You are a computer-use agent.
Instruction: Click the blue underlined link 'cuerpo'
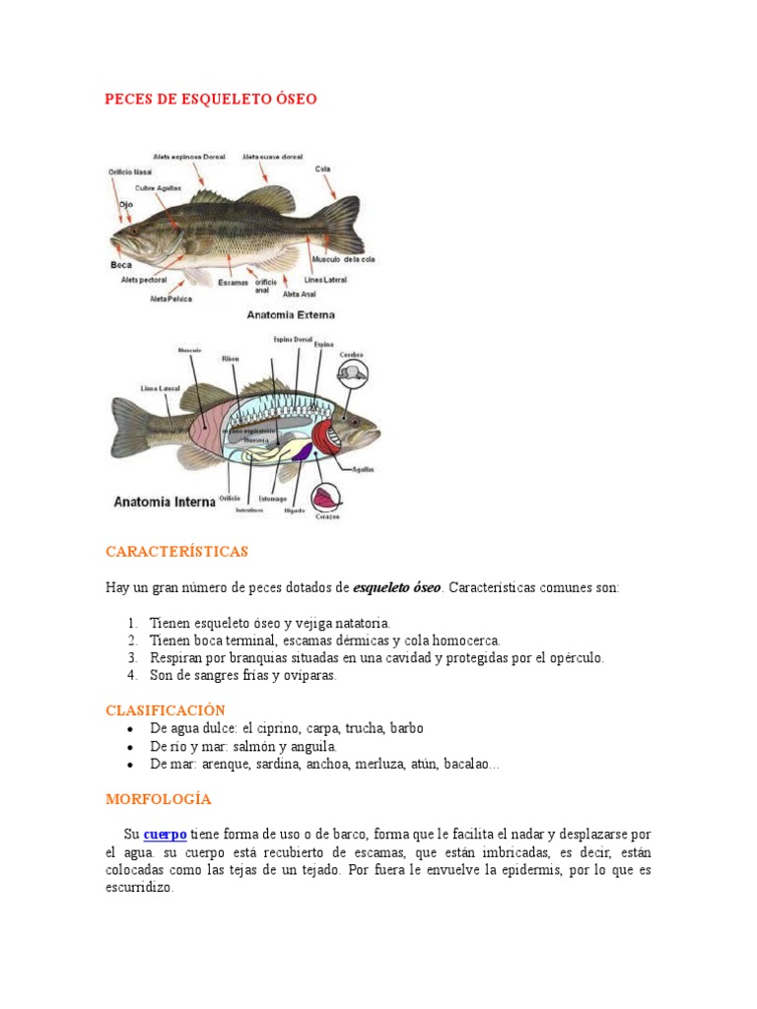pos(166,835)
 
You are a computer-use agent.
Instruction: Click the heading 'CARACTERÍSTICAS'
pos(176,551)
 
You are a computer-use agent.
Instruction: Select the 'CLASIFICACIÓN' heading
pos(166,709)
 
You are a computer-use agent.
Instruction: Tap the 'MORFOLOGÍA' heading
pos(158,799)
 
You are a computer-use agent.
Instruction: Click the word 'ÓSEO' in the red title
pos(295,100)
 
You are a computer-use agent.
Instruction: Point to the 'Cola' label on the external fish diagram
pos(321,168)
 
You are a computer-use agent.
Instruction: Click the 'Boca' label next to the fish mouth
pos(121,265)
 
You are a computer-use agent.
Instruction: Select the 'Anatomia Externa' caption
pos(293,315)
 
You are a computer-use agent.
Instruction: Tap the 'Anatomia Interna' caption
pos(165,502)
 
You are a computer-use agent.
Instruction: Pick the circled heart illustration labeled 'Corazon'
pos(326,498)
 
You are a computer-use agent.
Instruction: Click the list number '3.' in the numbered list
pos(133,657)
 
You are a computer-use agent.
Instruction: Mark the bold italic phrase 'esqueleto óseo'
pos(397,587)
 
